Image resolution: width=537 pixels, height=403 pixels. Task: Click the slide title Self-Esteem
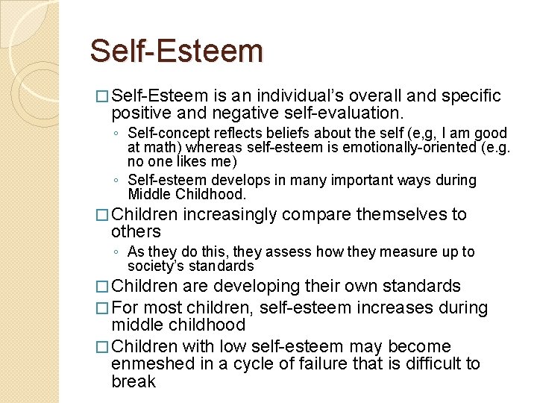[x=177, y=51]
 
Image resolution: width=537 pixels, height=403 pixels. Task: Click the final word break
[x=134, y=381]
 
